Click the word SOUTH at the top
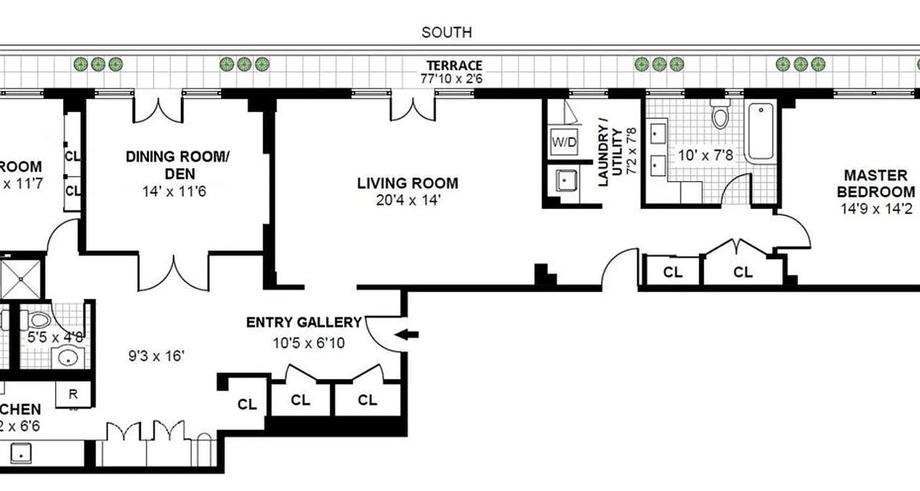click(447, 33)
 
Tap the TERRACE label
click(454, 66)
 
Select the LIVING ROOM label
click(408, 183)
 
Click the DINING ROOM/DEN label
click(177, 164)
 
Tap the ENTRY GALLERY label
click(304, 323)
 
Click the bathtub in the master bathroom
click(761, 133)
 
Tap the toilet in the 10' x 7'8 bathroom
click(720, 116)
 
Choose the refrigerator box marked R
click(73, 394)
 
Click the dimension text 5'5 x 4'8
click(56, 336)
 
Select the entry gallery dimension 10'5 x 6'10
click(309, 342)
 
